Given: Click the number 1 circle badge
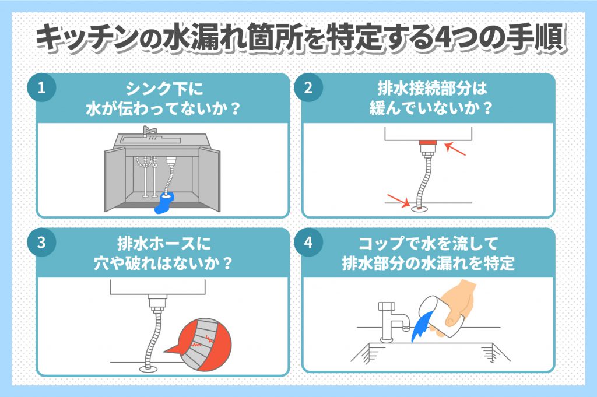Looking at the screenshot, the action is pos(42,88).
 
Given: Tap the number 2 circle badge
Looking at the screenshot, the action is pos(308,88).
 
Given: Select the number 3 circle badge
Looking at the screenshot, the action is pos(42,243).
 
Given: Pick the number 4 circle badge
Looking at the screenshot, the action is pos(308,243).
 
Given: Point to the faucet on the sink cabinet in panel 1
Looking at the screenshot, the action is pos(149,132).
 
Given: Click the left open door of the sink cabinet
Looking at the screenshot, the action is pos(115,180).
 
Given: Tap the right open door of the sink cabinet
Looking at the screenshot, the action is pos(209,180).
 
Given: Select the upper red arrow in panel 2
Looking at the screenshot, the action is pos(455,149).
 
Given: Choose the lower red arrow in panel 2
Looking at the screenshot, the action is pos(398,201).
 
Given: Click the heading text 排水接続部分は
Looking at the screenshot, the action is pos(432,89).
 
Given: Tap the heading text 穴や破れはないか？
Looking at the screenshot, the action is pos(163,263).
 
